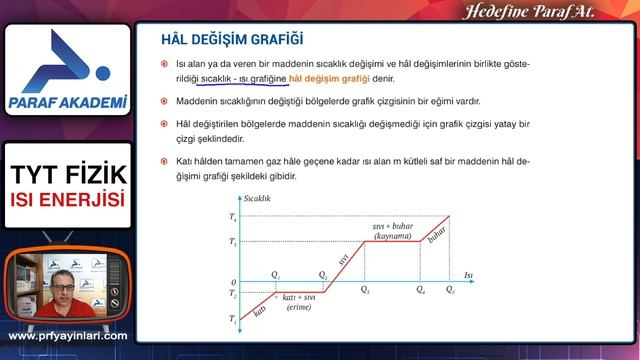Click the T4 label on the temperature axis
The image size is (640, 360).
pos(233,216)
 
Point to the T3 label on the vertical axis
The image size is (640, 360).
pos(233,242)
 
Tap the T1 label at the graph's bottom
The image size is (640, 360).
pos(233,319)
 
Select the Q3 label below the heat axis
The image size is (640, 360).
pos(364,290)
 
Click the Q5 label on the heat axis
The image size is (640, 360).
pos(450,290)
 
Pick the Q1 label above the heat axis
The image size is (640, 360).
pos(276,274)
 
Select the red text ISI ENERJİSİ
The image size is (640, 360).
pos(68,202)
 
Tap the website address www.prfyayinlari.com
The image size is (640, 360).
pos(68,336)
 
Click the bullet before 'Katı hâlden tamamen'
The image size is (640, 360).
pos(165,160)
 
